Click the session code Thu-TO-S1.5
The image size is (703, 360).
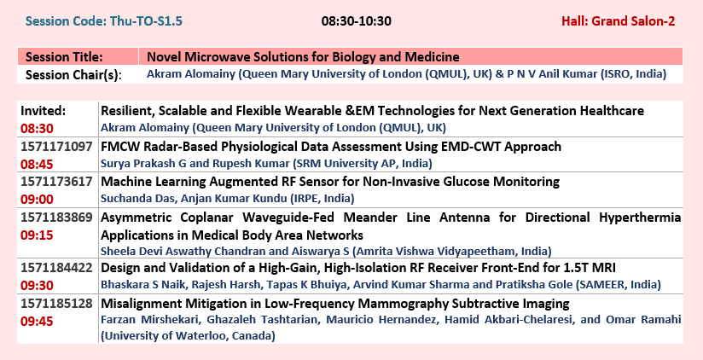coord(146,21)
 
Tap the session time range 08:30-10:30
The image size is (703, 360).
coord(357,21)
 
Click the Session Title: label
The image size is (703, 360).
coord(64,57)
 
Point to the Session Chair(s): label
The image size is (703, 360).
coord(73,75)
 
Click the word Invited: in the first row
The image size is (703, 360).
coord(44,111)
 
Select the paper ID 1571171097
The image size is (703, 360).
coord(56,146)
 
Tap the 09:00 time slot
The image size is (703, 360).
coord(37,199)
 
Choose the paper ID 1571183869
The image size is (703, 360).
coord(56,218)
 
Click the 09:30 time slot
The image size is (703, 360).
coord(37,286)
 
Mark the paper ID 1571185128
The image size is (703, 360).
coord(56,304)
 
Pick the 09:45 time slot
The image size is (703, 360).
coord(37,322)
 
